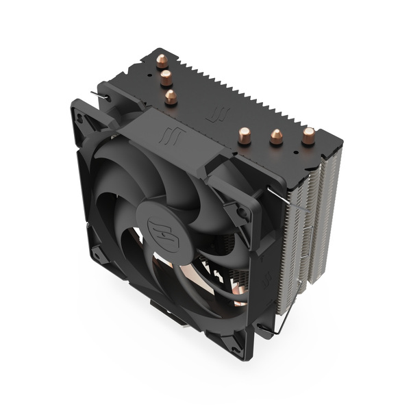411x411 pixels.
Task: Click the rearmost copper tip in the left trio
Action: click(162, 60)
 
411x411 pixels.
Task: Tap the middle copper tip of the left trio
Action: click(166, 79)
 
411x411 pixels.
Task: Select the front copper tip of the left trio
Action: click(171, 97)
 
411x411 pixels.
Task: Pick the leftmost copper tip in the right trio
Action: click(244, 135)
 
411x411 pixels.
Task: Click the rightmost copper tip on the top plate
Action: click(308, 136)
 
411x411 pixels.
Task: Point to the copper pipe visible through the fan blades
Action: click(238, 295)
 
